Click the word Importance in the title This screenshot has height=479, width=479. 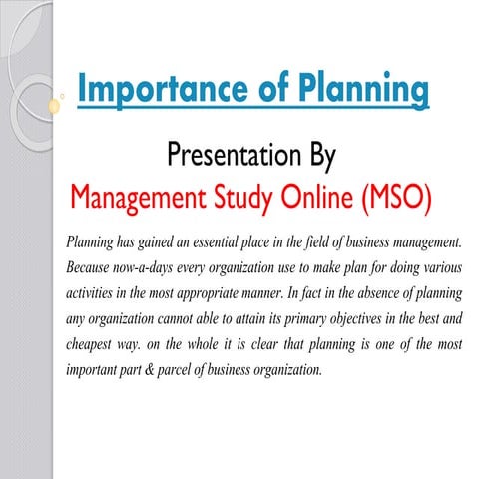point(154,89)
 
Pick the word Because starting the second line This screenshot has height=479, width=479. point(91,268)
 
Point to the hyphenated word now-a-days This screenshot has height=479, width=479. point(155,268)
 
